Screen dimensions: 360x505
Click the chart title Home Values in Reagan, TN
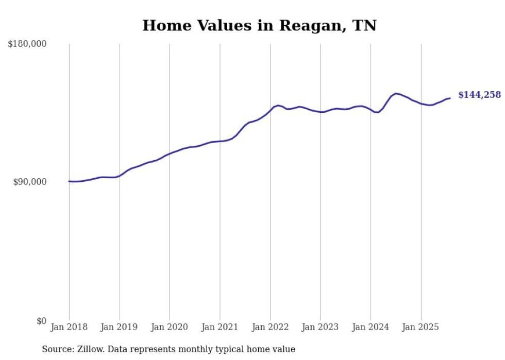259,25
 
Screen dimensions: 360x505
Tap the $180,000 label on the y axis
27,44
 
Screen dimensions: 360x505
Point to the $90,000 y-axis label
29,182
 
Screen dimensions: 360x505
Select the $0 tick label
41,321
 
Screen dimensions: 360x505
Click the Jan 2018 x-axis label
69,327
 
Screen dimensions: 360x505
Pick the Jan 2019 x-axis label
120,327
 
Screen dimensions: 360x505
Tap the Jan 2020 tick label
170,327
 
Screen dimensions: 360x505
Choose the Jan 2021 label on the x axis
220,327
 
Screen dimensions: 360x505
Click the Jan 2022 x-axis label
270,327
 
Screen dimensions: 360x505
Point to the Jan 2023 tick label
321,327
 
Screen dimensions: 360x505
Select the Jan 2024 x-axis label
371,327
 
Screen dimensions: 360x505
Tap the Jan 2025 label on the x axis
421,327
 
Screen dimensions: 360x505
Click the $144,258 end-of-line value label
479,95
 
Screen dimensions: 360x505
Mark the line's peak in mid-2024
396,93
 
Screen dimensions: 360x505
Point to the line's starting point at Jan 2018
69,181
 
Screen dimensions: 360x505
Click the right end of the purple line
450,98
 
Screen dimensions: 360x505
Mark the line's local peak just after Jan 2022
278,105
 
